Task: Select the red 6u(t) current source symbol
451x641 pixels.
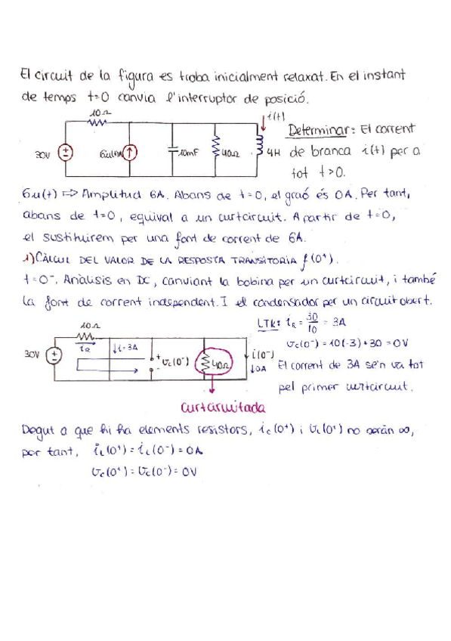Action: (x=131, y=153)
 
